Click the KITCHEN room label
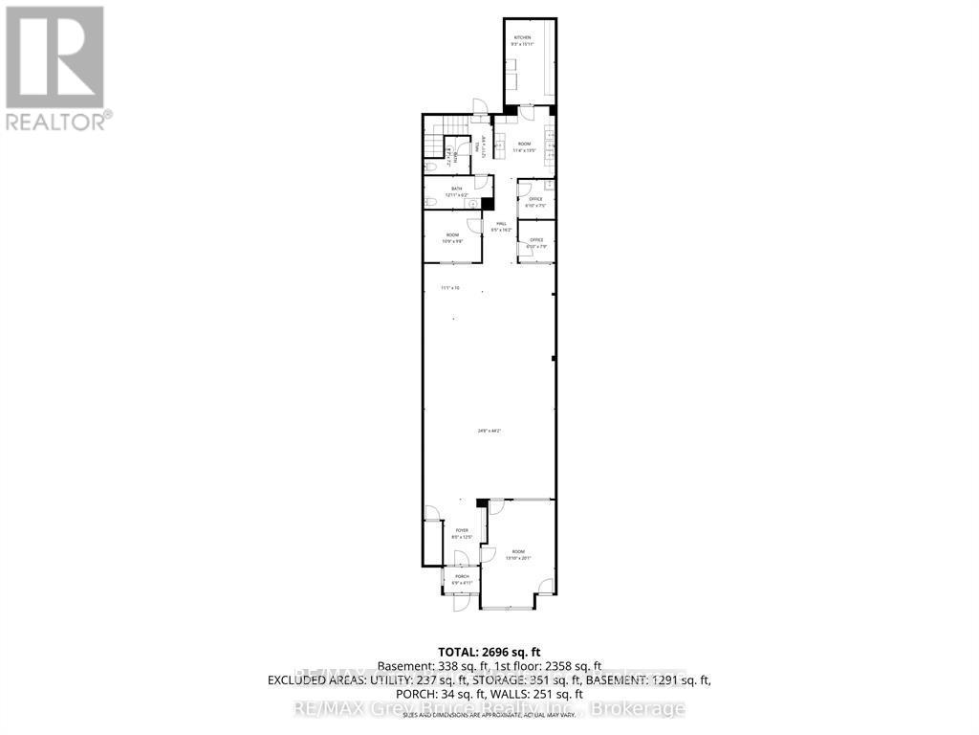pyautogui.click(x=521, y=37)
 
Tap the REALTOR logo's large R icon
pyautogui.click(x=54, y=56)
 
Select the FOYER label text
pyautogui.click(x=461, y=530)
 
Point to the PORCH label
pyautogui.click(x=461, y=576)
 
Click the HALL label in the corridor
pyautogui.click(x=500, y=224)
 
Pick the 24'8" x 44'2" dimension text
pyautogui.click(x=489, y=431)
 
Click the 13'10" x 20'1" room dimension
pyautogui.click(x=518, y=558)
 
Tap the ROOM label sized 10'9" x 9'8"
pyautogui.click(x=451, y=234)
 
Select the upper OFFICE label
pyautogui.click(x=535, y=199)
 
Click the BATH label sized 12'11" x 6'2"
pyautogui.click(x=457, y=189)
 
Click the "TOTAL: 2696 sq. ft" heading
pyautogui.click(x=489, y=650)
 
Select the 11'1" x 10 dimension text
pyautogui.click(x=449, y=287)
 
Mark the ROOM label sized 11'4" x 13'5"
pyautogui.click(x=523, y=144)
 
